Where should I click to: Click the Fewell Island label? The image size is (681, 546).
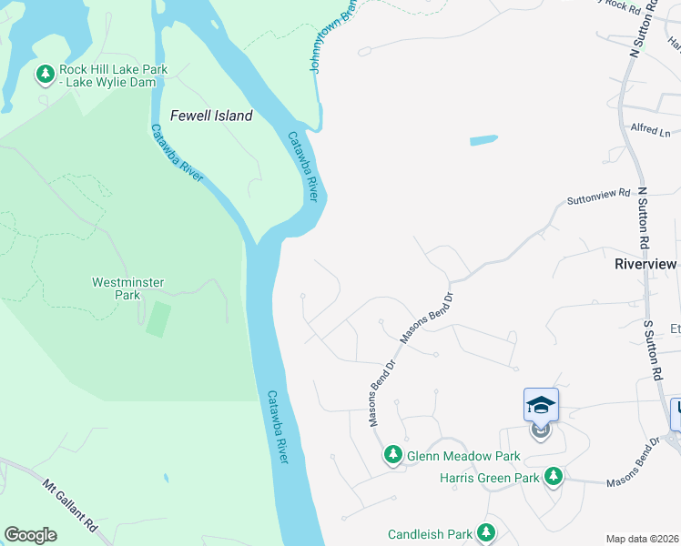click(x=211, y=116)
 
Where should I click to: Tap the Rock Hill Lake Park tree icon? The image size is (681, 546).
click(x=44, y=74)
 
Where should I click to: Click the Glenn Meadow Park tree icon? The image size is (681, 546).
click(x=392, y=453)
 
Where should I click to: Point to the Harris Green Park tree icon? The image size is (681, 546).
click(x=553, y=476)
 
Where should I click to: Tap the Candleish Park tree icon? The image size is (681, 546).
click(x=486, y=531)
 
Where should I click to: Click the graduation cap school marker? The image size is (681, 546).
click(x=541, y=405)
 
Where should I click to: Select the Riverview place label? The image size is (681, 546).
click(x=646, y=264)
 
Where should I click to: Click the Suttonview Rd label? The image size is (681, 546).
click(x=598, y=195)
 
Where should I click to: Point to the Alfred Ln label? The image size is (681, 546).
click(x=650, y=130)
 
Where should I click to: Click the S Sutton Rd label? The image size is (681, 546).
click(x=652, y=349)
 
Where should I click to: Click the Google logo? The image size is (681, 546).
click(x=30, y=534)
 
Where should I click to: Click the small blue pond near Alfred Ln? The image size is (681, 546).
click(x=483, y=141)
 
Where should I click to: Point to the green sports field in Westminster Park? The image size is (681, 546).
click(x=158, y=318)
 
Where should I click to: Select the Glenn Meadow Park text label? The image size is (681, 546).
click(x=463, y=456)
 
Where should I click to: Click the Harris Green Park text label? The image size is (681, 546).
click(x=490, y=477)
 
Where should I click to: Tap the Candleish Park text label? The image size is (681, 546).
click(x=431, y=535)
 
